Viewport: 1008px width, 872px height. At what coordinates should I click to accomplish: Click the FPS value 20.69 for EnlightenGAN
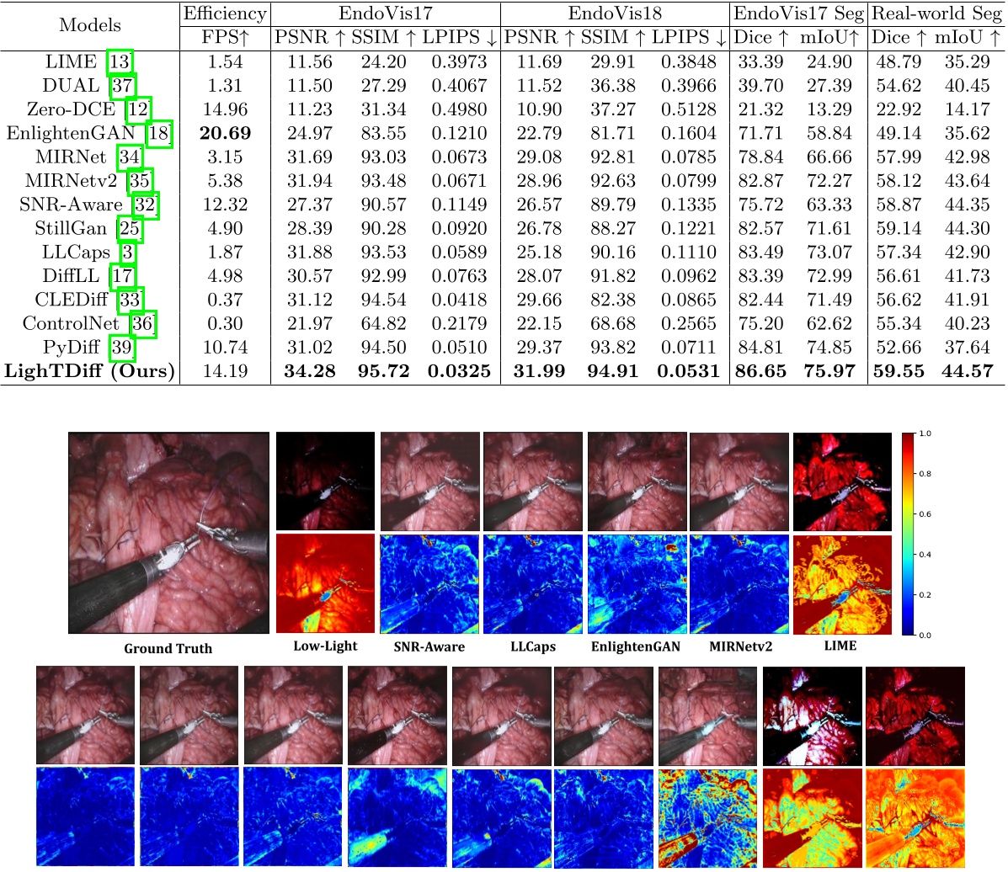(x=225, y=133)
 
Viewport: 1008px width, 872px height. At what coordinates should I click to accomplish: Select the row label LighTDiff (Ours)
(x=89, y=371)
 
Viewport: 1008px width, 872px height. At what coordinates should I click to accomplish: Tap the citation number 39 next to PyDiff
(x=123, y=348)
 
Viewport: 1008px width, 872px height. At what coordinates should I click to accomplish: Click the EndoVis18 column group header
(x=614, y=13)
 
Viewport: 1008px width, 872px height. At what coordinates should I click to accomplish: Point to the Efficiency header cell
(x=225, y=13)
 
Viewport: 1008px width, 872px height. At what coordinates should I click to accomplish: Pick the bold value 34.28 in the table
(x=309, y=371)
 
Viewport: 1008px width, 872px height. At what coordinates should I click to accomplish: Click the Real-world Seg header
(x=936, y=13)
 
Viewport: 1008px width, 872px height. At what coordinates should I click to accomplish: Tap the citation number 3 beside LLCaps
(x=126, y=253)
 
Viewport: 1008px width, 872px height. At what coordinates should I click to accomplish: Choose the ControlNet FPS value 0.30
(x=225, y=324)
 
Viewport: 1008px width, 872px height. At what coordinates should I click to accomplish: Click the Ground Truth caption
(x=168, y=648)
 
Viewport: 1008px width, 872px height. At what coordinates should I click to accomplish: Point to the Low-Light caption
(x=325, y=646)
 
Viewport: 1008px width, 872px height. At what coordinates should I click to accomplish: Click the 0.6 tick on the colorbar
(x=925, y=513)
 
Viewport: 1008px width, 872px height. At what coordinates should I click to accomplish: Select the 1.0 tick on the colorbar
(x=925, y=433)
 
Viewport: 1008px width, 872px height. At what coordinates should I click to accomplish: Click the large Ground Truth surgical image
(x=168, y=533)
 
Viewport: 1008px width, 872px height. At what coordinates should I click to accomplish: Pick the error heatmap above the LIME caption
(x=841, y=583)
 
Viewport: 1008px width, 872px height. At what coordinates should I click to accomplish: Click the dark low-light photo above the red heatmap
(x=325, y=481)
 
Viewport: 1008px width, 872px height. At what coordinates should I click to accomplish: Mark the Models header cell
(x=90, y=25)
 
